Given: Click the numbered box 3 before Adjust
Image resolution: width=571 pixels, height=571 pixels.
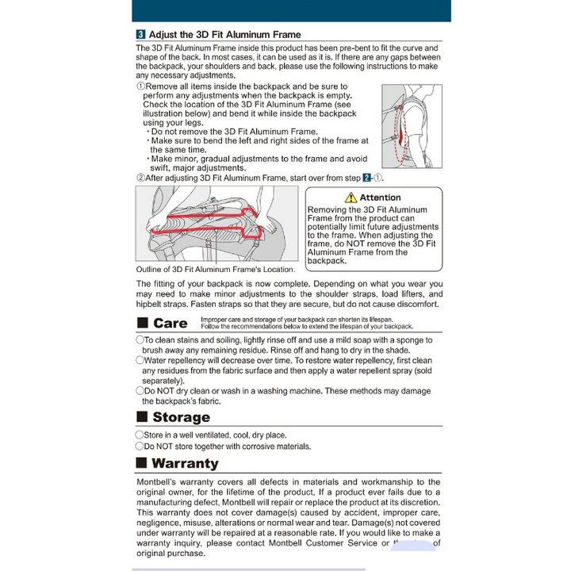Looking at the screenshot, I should coord(140,35).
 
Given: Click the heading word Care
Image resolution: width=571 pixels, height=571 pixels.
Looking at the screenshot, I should coord(171,323).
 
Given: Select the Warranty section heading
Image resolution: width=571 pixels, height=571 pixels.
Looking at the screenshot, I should coord(185,463).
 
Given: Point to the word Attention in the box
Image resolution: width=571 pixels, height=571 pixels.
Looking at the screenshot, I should coord(380,197).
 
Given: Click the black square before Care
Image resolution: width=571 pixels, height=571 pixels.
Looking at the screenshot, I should coord(143,323).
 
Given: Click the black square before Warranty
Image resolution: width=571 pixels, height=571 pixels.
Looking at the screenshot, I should coord(143,463).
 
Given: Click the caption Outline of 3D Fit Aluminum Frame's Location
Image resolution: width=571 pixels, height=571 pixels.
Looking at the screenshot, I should coord(215,270).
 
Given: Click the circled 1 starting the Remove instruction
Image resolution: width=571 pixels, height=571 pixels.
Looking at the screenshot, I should coord(140,86).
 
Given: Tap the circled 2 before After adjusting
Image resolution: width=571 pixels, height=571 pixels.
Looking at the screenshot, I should coord(140,178).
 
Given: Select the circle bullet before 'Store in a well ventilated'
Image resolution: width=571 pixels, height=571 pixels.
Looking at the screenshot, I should coord(140,435).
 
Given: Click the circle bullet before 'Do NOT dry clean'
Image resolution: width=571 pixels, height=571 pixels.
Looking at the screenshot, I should coord(140,390).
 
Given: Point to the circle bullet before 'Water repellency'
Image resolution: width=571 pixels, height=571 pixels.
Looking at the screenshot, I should coord(140,359).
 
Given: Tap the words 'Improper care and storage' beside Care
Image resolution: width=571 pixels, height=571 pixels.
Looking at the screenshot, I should coord(238,319).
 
